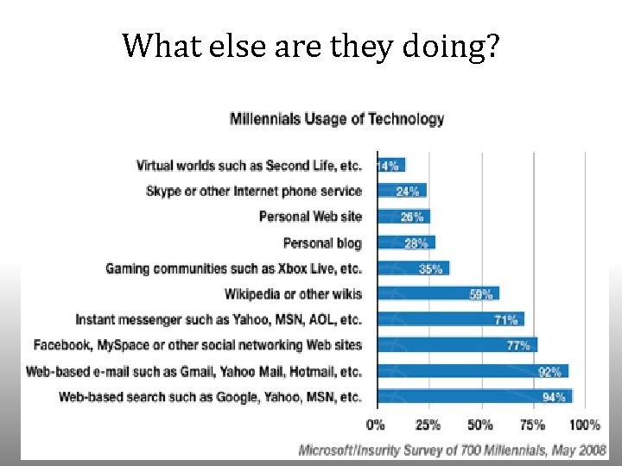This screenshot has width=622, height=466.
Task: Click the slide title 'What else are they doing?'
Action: point(311,47)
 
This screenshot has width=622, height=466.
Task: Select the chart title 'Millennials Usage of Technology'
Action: point(337,119)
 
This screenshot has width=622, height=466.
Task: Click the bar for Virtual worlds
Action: point(391,165)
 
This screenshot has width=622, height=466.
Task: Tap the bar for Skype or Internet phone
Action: point(403,191)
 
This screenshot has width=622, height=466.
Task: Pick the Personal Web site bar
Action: point(403,217)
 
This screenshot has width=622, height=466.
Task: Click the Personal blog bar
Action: point(407,242)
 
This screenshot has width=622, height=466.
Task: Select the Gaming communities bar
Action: point(414,268)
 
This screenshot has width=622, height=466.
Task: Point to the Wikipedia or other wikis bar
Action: point(439,293)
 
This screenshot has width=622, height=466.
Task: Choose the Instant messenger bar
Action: point(451,319)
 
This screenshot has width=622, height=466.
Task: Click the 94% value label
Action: point(554,397)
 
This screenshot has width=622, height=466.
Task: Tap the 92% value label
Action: point(549,372)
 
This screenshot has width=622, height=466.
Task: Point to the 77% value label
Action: point(518,345)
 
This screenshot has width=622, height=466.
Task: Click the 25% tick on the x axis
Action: point(428,425)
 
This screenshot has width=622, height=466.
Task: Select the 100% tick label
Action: point(585,425)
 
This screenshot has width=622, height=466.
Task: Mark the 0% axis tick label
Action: point(375,425)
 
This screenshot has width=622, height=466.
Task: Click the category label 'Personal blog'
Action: point(322,242)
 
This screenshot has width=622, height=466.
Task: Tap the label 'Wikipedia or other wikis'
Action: point(293,294)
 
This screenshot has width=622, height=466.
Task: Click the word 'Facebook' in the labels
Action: point(62,345)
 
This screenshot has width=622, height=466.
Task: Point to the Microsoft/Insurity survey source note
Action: point(452,450)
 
